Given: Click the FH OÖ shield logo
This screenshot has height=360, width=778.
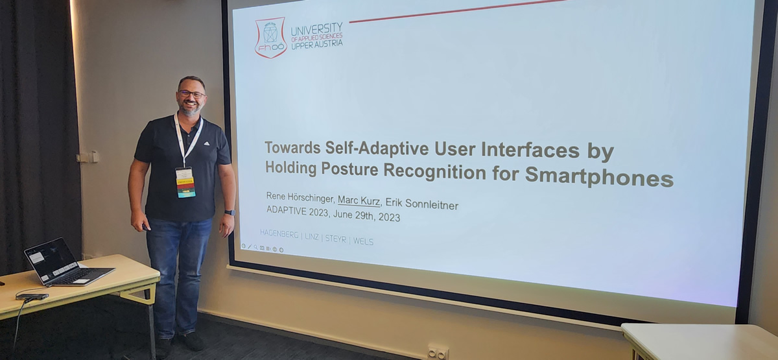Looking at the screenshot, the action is [271, 38].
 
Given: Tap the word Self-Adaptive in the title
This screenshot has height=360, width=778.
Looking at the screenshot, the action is [377, 149].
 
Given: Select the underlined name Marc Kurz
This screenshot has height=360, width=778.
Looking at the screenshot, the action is [359, 201].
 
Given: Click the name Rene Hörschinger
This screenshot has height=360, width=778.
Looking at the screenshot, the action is [300, 197].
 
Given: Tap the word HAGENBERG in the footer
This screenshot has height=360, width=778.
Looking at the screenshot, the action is [279, 234].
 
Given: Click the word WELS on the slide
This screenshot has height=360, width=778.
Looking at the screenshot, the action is [363, 241].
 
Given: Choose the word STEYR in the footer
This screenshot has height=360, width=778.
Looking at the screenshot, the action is [336, 239].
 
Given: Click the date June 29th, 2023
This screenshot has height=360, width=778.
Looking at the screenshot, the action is [366, 215].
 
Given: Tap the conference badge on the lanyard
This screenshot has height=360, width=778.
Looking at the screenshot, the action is [185, 183].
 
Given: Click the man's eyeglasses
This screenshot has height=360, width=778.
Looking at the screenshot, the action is [192, 94].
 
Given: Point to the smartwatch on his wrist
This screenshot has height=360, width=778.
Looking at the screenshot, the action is [230, 212].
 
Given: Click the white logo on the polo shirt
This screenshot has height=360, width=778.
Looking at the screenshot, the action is [207, 143].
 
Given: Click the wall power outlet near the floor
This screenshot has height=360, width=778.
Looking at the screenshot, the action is [438, 353].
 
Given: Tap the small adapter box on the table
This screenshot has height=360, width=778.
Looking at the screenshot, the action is [32, 296].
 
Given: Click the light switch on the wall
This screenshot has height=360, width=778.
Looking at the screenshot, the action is [89, 157].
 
